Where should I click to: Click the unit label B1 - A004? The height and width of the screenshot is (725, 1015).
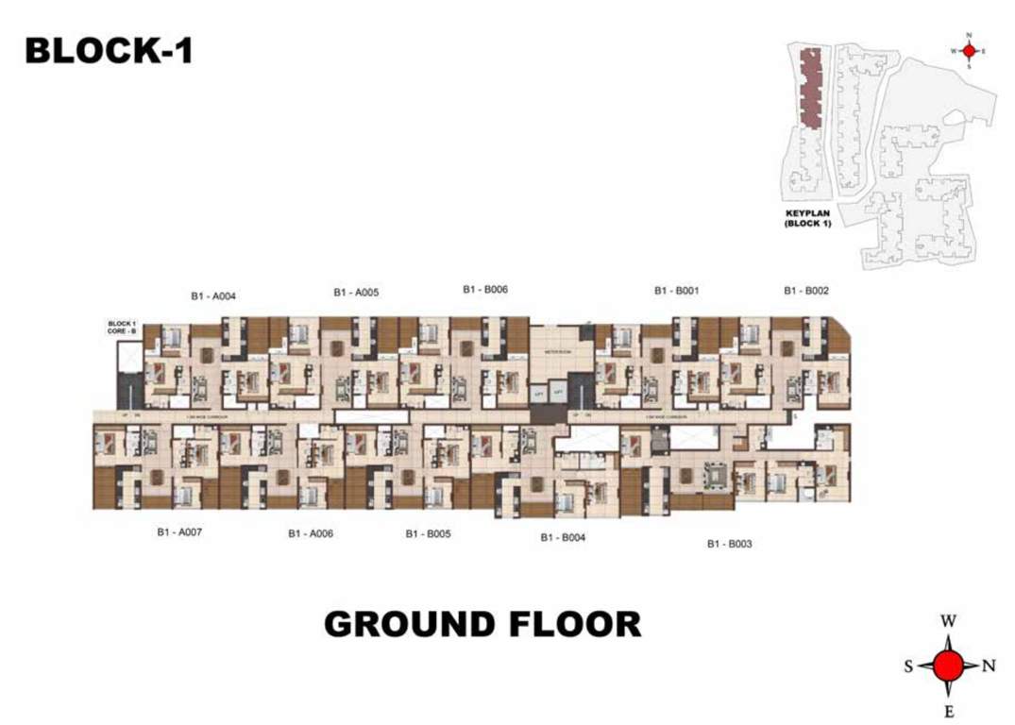coord(212,295)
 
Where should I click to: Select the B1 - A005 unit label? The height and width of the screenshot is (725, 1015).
coord(356,293)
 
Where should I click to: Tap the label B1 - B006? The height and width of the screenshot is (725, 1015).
coord(485,290)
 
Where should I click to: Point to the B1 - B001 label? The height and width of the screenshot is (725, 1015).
coord(676,291)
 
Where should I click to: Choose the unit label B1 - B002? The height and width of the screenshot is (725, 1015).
coord(806,291)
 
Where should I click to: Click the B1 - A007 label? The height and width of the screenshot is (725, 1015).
coord(179,532)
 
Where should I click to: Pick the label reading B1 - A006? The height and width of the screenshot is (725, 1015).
coord(311,533)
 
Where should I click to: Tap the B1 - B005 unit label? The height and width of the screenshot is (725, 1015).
coord(428,533)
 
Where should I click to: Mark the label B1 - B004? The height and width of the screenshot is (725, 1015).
coord(564,537)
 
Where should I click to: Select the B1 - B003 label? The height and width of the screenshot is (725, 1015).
coord(729,544)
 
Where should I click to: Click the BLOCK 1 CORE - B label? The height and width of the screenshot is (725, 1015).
coord(123,328)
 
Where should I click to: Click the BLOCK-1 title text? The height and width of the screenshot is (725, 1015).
coord(109,51)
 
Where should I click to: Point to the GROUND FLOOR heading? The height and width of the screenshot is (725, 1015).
coord(482,624)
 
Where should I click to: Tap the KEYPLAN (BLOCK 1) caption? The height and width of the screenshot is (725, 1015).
coord(807,219)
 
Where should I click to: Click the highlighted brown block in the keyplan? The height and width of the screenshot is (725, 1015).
coord(810,88)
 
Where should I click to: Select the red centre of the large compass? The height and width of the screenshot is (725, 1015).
coord(949,666)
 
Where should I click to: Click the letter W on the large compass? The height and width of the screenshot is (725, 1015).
coord(949,621)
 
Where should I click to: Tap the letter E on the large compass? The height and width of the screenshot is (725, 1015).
coord(949,711)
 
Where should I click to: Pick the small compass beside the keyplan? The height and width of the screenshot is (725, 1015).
coord(968,51)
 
